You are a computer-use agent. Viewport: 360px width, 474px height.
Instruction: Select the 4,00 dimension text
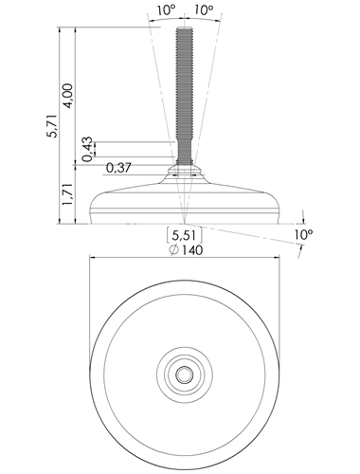(x=68, y=96)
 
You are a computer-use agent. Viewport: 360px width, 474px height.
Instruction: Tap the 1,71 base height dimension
(x=68, y=194)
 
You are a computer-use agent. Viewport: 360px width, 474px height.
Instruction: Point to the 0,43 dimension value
(x=87, y=149)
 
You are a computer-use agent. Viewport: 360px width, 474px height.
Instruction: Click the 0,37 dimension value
(x=118, y=168)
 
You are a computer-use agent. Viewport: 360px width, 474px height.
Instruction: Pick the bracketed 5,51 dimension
(x=185, y=235)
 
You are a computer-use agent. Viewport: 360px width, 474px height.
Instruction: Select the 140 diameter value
(x=192, y=250)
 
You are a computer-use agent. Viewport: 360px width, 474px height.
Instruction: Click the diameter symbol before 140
(x=174, y=250)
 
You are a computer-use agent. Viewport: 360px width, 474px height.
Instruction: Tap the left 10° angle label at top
(x=167, y=9)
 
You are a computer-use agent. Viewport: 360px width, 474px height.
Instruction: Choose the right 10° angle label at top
(x=204, y=9)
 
